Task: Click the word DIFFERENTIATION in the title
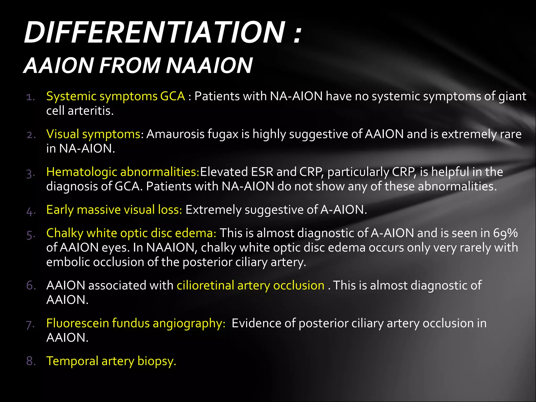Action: point(154,32)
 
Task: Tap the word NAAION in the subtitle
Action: point(209,65)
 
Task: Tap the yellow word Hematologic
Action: point(81,172)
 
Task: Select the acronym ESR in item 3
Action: point(262,172)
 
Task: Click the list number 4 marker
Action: point(31,211)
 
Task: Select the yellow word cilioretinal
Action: point(205,285)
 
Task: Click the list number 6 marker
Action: point(31,286)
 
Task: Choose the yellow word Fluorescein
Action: point(77,323)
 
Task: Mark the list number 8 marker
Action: point(31,361)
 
